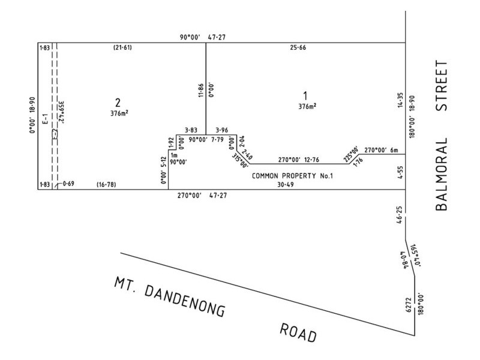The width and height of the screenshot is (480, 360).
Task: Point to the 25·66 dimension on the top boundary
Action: pos(298,47)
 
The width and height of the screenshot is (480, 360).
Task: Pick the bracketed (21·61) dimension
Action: pos(123,47)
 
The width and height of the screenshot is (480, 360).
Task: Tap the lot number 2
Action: pos(118,101)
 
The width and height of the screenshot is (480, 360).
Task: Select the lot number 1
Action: pos(306,95)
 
